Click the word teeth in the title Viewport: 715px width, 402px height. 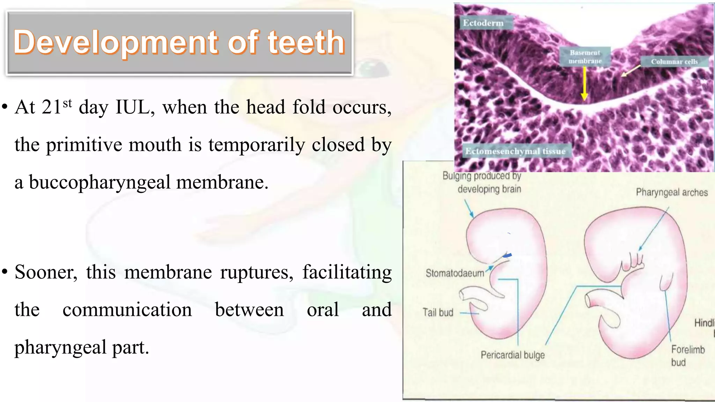click(x=306, y=43)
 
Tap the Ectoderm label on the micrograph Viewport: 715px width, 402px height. click(x=483, y=23)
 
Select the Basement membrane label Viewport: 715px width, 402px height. click(x=585, y=57)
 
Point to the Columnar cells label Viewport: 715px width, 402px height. click(x=674, y=62)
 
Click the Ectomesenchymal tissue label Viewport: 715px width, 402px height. click(x=515, y=151)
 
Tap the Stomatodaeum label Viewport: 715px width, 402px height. click(x=455, y=273)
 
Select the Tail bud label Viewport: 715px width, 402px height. click(x=438, y=312)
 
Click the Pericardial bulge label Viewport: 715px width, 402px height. click(x=513, y=355)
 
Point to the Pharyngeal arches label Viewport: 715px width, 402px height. click(x=672, y=192)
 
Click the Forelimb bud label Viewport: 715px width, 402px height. click(x=687, y=356)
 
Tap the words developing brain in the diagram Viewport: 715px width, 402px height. click(x=489, y=189)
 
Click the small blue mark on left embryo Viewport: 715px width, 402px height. click(x=507, y=256)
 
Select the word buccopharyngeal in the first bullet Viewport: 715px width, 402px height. click(x=100, y=183)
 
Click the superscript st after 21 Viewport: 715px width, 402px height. click(x=67, y=103)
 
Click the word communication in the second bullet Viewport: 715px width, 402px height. click(x=127, y=310)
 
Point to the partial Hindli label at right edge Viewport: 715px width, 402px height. click(x=704, y=323)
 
